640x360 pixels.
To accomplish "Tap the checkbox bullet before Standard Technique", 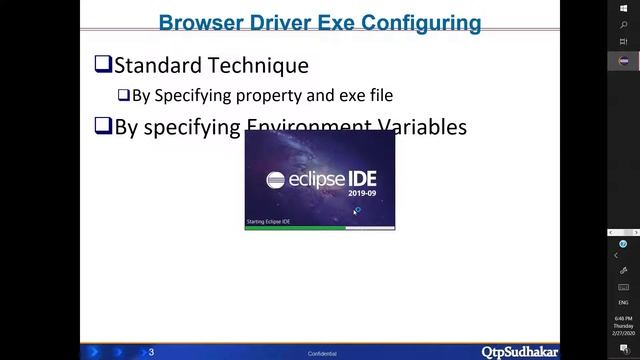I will pyautogui.click(x=102, y=66).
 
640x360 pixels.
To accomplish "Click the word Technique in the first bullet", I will pyautogui.click(x=259, y=66).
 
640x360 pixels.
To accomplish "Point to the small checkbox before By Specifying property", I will pyautogui.click(x=123, y=96).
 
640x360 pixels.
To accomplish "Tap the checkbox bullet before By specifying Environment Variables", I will pyautogui.click(x=102, y=127).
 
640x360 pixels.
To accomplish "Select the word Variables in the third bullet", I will pyautogui.click(x=417, y=127).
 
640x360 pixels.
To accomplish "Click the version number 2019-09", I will pyautogui.click(x=362, y=195).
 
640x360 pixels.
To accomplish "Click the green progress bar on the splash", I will pyautogui.click(x=295, y=227).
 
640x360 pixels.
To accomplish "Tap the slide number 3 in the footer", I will pyautogui.click(x=151, y=352).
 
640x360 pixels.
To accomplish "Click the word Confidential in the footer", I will pyautogui.click(x=322, y=354).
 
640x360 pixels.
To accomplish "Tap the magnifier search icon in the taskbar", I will pyautogui.click(x=624, y=24).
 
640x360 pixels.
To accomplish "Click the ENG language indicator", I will pyautogui.click(x=624, y=301).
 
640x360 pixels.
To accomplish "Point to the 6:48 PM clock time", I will pyautogui.click(x=624, y=318).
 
